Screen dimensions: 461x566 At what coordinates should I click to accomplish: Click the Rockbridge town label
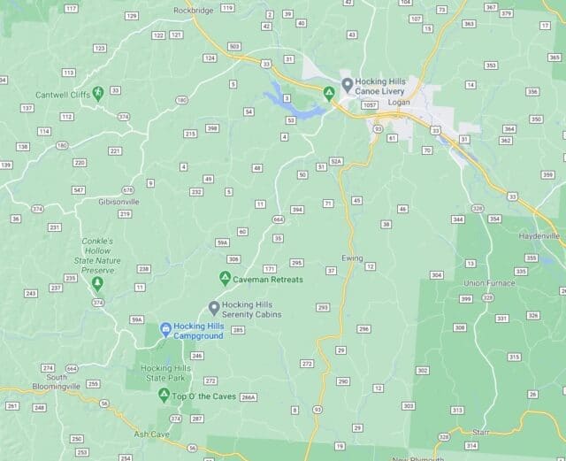point(195,10)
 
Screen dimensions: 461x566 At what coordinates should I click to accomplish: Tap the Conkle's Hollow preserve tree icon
point(97,283)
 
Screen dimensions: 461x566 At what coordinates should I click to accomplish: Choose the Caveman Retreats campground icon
point(226,279)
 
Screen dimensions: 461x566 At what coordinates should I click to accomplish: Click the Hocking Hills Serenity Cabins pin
point(214,307)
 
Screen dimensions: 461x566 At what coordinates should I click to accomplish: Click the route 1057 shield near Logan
point(370,104)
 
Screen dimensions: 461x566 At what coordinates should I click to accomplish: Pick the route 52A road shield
point(336,161)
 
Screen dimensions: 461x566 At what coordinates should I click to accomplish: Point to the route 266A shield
point(249,397)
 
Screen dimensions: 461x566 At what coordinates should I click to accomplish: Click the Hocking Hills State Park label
point(165,373)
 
